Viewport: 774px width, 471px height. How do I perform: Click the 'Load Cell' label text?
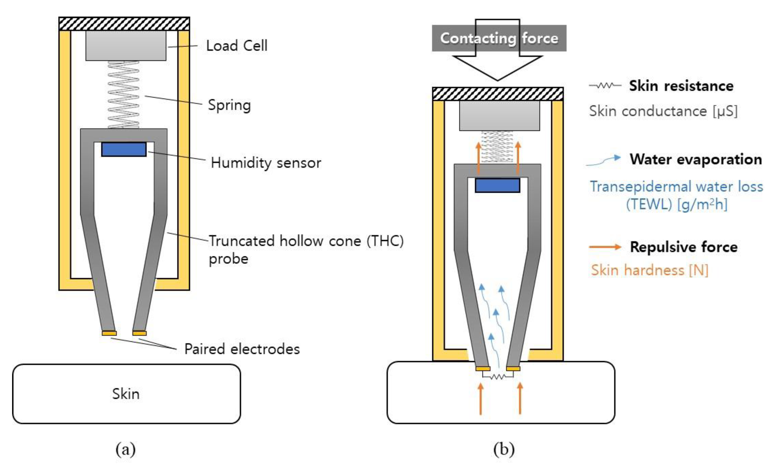tap(237, 46)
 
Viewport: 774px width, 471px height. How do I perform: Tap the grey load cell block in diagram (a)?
tap(126, 46)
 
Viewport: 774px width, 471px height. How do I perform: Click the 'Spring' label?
tap(229, 105)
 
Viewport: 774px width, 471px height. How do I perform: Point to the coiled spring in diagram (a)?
tap(123, 94)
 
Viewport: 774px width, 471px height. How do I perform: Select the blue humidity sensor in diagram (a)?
tap(124, 149)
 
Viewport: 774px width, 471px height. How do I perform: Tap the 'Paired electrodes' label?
tap(242, 349)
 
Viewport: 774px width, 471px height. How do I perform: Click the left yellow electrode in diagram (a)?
tap(109, 333)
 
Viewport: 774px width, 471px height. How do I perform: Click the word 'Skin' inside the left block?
tap(126, 394)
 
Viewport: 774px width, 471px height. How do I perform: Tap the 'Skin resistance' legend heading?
tap(681, 86)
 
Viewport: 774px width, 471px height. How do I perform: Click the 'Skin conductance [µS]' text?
tap(663, 111)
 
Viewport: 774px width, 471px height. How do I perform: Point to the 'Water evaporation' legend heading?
tap(696, 159)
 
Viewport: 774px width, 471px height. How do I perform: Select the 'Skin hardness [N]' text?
tap(649, 270)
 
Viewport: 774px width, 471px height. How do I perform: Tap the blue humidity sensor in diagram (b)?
tap(497, 185)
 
